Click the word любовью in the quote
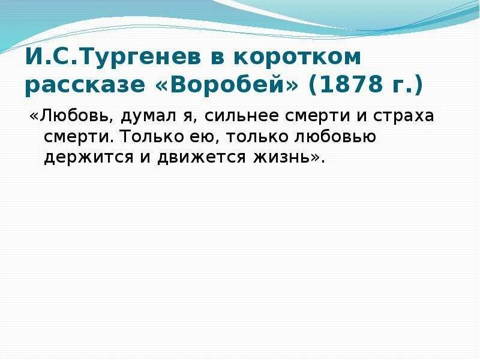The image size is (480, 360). pos(335,137)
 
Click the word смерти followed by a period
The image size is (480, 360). pos(76,137)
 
